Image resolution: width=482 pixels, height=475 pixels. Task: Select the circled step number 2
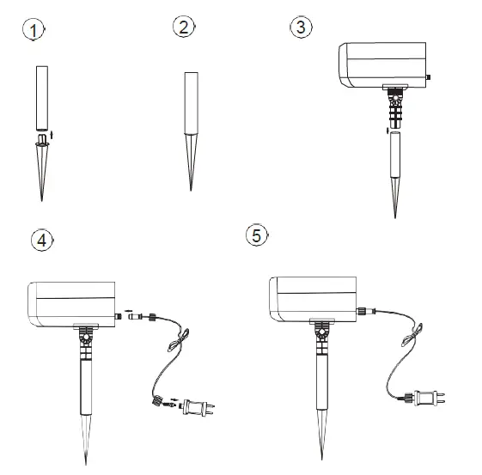coord(183,27)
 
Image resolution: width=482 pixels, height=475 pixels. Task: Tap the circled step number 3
coord(299,27)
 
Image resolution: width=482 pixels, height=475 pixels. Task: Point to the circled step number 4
coord(40,241)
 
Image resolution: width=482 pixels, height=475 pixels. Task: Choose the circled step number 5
coord(255,235)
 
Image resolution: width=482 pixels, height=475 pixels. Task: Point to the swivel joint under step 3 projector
coord(396,105)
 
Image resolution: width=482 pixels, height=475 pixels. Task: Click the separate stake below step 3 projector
coord(396,163)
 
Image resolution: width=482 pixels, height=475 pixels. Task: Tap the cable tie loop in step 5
coord(418,332)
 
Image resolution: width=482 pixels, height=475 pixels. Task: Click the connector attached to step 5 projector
coord(364,310)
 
